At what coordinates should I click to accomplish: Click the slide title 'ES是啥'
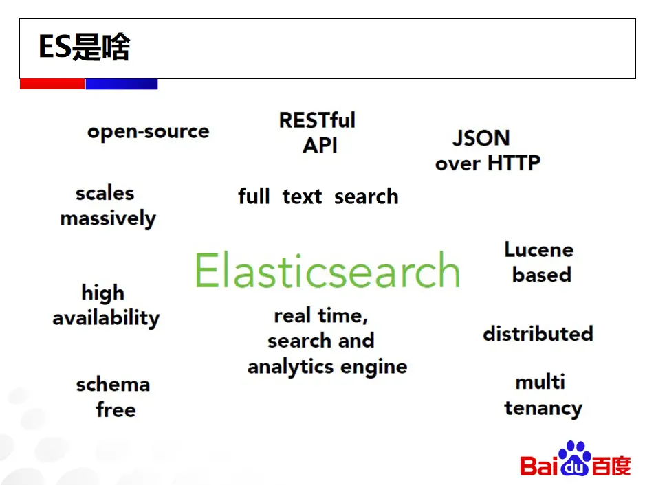[84, 48]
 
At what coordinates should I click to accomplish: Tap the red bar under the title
[52, 84]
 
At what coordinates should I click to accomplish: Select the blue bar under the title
[121, 84]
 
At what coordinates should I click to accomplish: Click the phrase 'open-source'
[148, 131]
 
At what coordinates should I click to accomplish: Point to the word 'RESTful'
[317, 120]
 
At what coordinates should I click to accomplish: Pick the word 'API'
[320, 146]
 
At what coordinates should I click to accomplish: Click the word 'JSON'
[481, 138]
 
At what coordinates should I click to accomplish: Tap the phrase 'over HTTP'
[488, 163]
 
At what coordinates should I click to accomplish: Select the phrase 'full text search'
[318, 196]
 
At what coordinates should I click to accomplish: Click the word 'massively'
[108, 219]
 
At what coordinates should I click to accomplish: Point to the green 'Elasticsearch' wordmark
[327, 270]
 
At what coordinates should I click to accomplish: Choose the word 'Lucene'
[538, 249]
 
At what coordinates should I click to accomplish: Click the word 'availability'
[106, 318]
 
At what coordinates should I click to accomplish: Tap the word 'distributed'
[538, 334]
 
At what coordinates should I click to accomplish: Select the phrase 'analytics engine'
[327, 367]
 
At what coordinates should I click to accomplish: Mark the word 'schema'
[113, 384]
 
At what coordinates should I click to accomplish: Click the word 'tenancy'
[543, 408]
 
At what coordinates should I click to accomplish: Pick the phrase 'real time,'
[321, 316]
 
